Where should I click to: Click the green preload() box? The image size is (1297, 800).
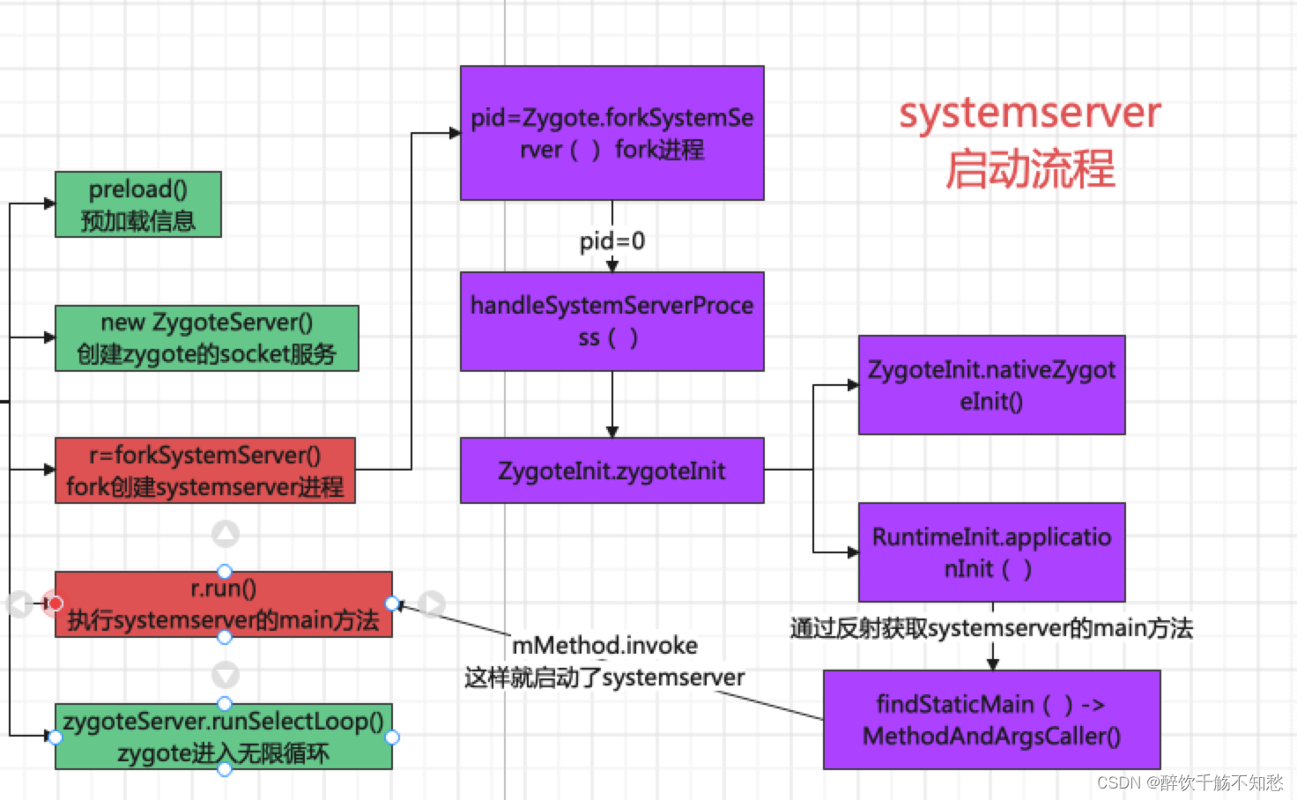pyautogui.click(x=137, y=204)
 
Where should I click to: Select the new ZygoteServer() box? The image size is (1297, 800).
pyautogui.click(x=206, y=338)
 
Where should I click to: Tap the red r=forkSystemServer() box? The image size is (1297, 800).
pyautogui.click(x=204, y=470)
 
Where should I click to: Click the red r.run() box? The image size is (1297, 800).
pyautogui.click(x=223, y=604)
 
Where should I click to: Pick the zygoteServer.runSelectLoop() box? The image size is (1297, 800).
pyautogui.click(x=223, y=737)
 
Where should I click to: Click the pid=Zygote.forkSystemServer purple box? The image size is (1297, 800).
pyautogui.click(x=611, y=133)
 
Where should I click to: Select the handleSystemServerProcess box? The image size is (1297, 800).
pyautogui.click(x=611, y=321)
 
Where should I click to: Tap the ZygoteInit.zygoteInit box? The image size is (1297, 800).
pyautogui.click(x=611, y=470)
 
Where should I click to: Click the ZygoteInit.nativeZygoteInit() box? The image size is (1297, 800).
pyautogui.click(x=991, y=385)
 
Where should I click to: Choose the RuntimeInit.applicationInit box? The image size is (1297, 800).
pyautogui.click(x=991, y=552)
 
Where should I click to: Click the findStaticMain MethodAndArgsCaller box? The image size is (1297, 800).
pyautogui.click(x=991, y=720)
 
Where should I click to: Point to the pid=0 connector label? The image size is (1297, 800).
pyautogui.click(x=611, y=241)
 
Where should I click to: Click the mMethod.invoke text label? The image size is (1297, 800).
pyautogui.click(x=604, y=646)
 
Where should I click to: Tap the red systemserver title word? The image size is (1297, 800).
pyautogui.click(x=1029, y=113)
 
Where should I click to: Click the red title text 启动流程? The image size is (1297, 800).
pyautogui.click(x=1029, y=169)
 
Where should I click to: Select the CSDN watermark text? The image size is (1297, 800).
pyautogui.click(x=1190, y=782)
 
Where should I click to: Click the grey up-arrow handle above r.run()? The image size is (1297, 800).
pyautogui.click(x=226, y=534)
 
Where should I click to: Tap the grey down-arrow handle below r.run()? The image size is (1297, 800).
pyautogui.click(x=226, y=675)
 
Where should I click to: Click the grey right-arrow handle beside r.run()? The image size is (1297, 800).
pyautogui.click(x=431, y=604)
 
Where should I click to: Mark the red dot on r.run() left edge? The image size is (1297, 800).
pyautogui.click(x=55, y=604)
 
